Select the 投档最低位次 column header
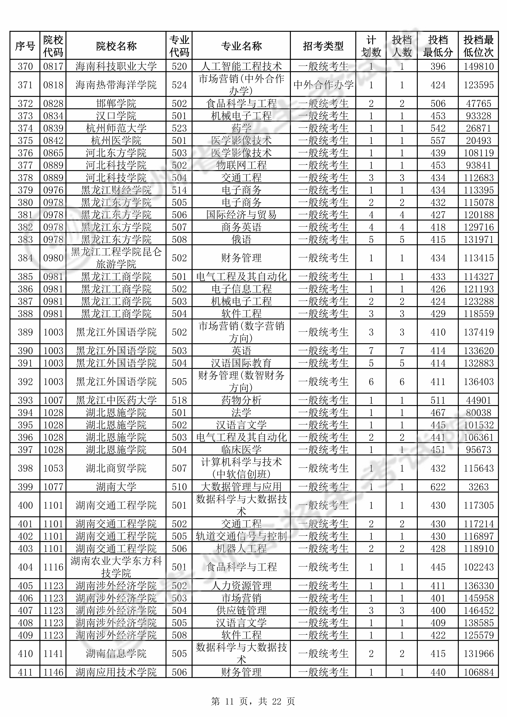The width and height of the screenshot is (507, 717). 478,46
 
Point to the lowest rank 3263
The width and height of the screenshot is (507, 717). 478,487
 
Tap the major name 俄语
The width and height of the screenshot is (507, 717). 241,240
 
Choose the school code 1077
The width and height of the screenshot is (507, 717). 53,487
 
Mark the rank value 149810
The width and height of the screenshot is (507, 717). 478,66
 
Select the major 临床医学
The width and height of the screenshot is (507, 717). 241,450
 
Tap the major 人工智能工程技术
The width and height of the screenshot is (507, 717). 241,66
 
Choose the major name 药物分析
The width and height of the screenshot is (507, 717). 241,400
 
